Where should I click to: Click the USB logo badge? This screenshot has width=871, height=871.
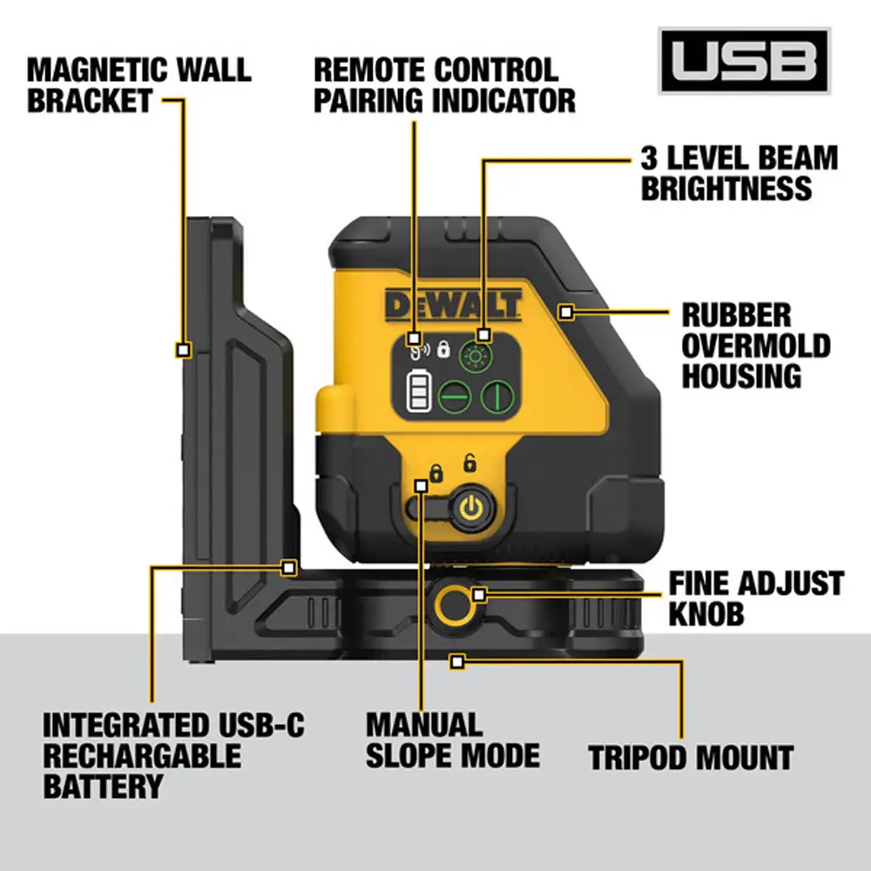tap(744, 61)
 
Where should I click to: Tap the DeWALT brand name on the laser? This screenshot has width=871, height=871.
tap(453, 305)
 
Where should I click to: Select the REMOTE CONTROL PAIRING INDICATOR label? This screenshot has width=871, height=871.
tap(444, 84)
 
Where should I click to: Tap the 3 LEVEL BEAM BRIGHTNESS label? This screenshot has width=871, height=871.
tap(739, 172)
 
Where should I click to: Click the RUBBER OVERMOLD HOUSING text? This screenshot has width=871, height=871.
tap(754, 345)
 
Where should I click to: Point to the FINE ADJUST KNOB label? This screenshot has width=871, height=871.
tap(755, 598)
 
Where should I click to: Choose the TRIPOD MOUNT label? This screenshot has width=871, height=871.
tap(691, 756)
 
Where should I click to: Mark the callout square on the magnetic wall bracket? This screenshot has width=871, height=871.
tap(183, 349)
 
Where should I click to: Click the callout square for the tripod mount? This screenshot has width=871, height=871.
tap(455, 662)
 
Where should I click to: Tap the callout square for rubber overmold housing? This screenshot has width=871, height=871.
tap(565, 311)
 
